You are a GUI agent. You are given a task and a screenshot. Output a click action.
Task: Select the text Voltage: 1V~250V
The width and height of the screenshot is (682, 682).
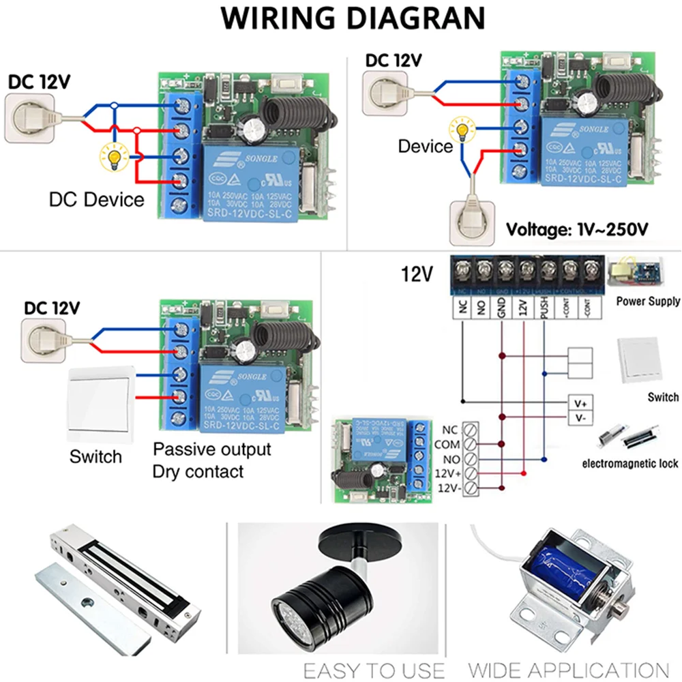click(576, 229)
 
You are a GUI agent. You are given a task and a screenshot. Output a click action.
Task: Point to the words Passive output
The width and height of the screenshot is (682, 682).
click(211, 449)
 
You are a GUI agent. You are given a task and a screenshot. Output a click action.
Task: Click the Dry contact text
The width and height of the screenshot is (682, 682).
click(198, 471)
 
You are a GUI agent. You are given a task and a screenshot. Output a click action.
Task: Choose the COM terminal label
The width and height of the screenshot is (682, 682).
click(448, 445)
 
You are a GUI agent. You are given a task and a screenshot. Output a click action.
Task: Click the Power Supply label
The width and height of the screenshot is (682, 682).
click(647, 301)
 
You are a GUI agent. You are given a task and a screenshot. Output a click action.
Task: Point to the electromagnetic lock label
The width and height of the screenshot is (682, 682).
click(629, 464)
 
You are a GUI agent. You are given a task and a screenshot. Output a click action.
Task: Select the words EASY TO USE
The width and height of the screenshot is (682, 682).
click(373, 670)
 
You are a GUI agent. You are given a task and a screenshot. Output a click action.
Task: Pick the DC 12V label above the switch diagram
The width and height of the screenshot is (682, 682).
click(53, 307)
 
